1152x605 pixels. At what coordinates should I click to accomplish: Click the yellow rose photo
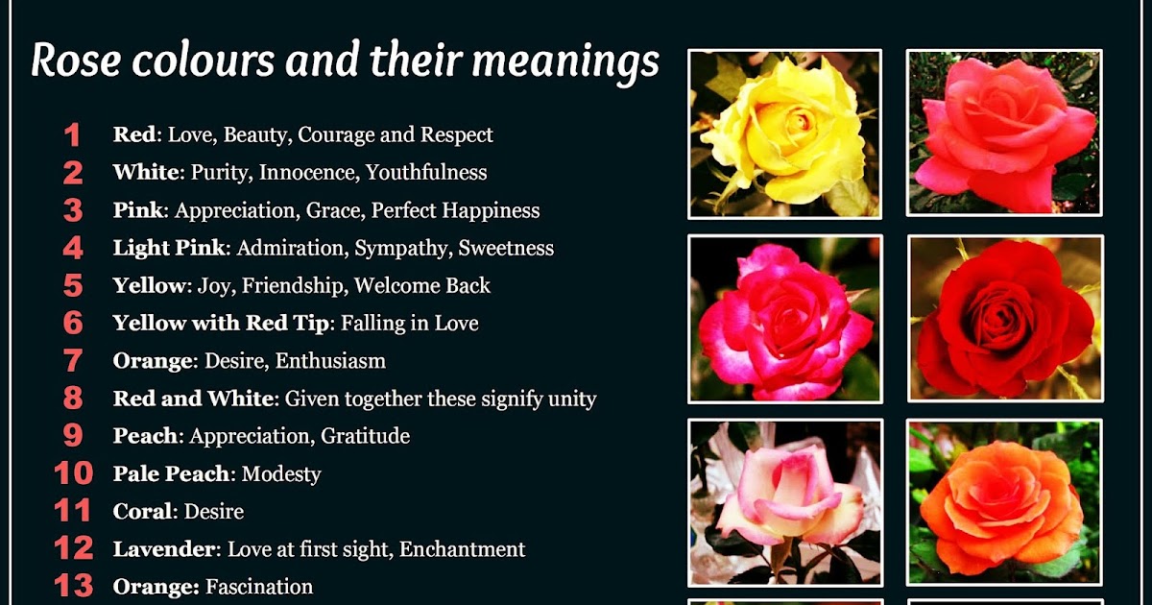pyautogui.click(x=784, y=133)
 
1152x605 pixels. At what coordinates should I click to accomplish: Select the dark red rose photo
pyautogui.click(x=1005, y=318)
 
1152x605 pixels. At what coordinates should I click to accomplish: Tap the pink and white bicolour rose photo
pyautogui.click(x=784, y=502)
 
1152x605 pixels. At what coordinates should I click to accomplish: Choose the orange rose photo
pyautogui.click(x=1005, y=502)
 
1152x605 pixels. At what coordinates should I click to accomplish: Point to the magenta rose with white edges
pyautogui.click(x=784, y=318)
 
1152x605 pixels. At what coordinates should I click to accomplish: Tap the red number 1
pyautogui.click(x=72, y=135)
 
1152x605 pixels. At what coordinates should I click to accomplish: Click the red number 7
pyautogui.click(x=73, y=361)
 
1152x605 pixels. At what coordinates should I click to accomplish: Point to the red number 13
pyautogui.click(x=73, y=586)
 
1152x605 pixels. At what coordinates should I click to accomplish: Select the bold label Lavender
pyautogui.click(x=167, y=549)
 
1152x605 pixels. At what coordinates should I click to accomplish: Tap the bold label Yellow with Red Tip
pyautogui.click(x=221, y=324)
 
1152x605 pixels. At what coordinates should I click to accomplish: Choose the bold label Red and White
pyautogui.click(x=195, y=399)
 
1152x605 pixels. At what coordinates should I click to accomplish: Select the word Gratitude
pyautogui.click(x=365, y=436)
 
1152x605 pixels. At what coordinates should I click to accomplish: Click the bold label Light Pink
pyautogui.click(x=169, y=248)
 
